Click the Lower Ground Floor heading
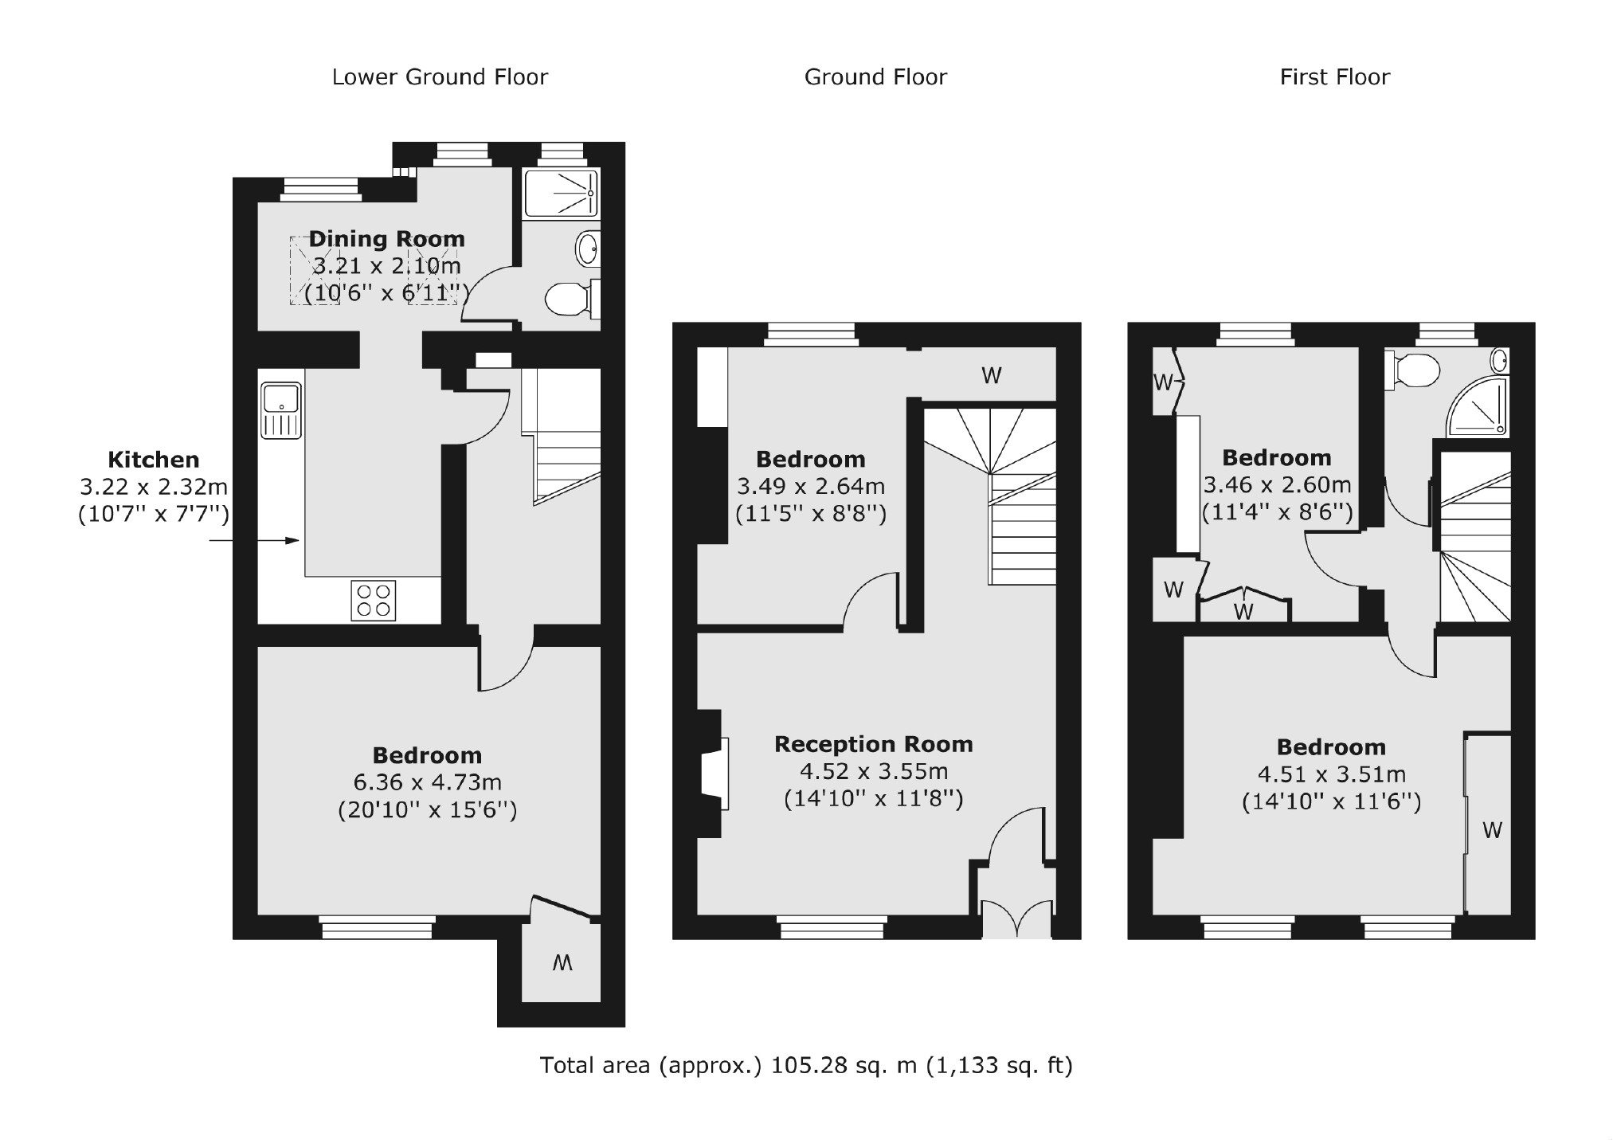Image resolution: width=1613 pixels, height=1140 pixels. (x=440, y=77)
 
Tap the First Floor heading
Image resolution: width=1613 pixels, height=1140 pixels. (x=1334, y=77)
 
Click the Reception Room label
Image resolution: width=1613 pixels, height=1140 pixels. (x=873, y=745)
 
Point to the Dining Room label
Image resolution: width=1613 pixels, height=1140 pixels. (x=386, y=239)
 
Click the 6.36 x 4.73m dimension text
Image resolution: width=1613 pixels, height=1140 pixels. (x=428, y=782)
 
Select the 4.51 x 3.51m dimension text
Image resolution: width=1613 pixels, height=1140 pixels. (x=1331, y=774)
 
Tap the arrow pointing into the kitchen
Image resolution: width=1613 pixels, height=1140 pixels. (x=255, y=541)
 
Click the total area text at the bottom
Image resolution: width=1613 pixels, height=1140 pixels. (x=805, y=1065)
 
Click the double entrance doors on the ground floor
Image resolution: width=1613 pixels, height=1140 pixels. (x=1016, y=917)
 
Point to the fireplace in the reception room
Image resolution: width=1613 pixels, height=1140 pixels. (x=714, y=774)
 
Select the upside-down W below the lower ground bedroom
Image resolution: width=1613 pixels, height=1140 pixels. (x=562, y=963)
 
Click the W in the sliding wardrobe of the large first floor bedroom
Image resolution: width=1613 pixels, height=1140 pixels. (x=1491, y=831)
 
